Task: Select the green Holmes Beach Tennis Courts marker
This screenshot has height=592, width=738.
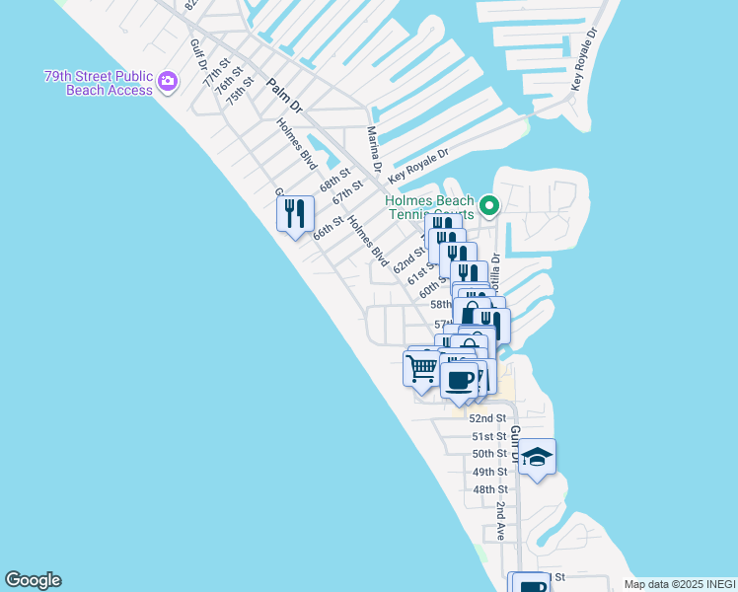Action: (488, 206)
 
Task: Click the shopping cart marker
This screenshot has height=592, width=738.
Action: (422, 369)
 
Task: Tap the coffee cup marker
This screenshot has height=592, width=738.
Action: (459, 380)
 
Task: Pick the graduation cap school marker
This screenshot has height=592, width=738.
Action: (537, 457)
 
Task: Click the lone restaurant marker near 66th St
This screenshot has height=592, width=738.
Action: (295, 214)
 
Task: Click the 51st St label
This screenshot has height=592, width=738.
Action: (489, 436)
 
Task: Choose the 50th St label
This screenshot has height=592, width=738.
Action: (489, 454)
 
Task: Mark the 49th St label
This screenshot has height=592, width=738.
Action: (489, 472)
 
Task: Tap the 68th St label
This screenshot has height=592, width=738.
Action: (335, 181)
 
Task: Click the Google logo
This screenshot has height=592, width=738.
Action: (33, 580)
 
